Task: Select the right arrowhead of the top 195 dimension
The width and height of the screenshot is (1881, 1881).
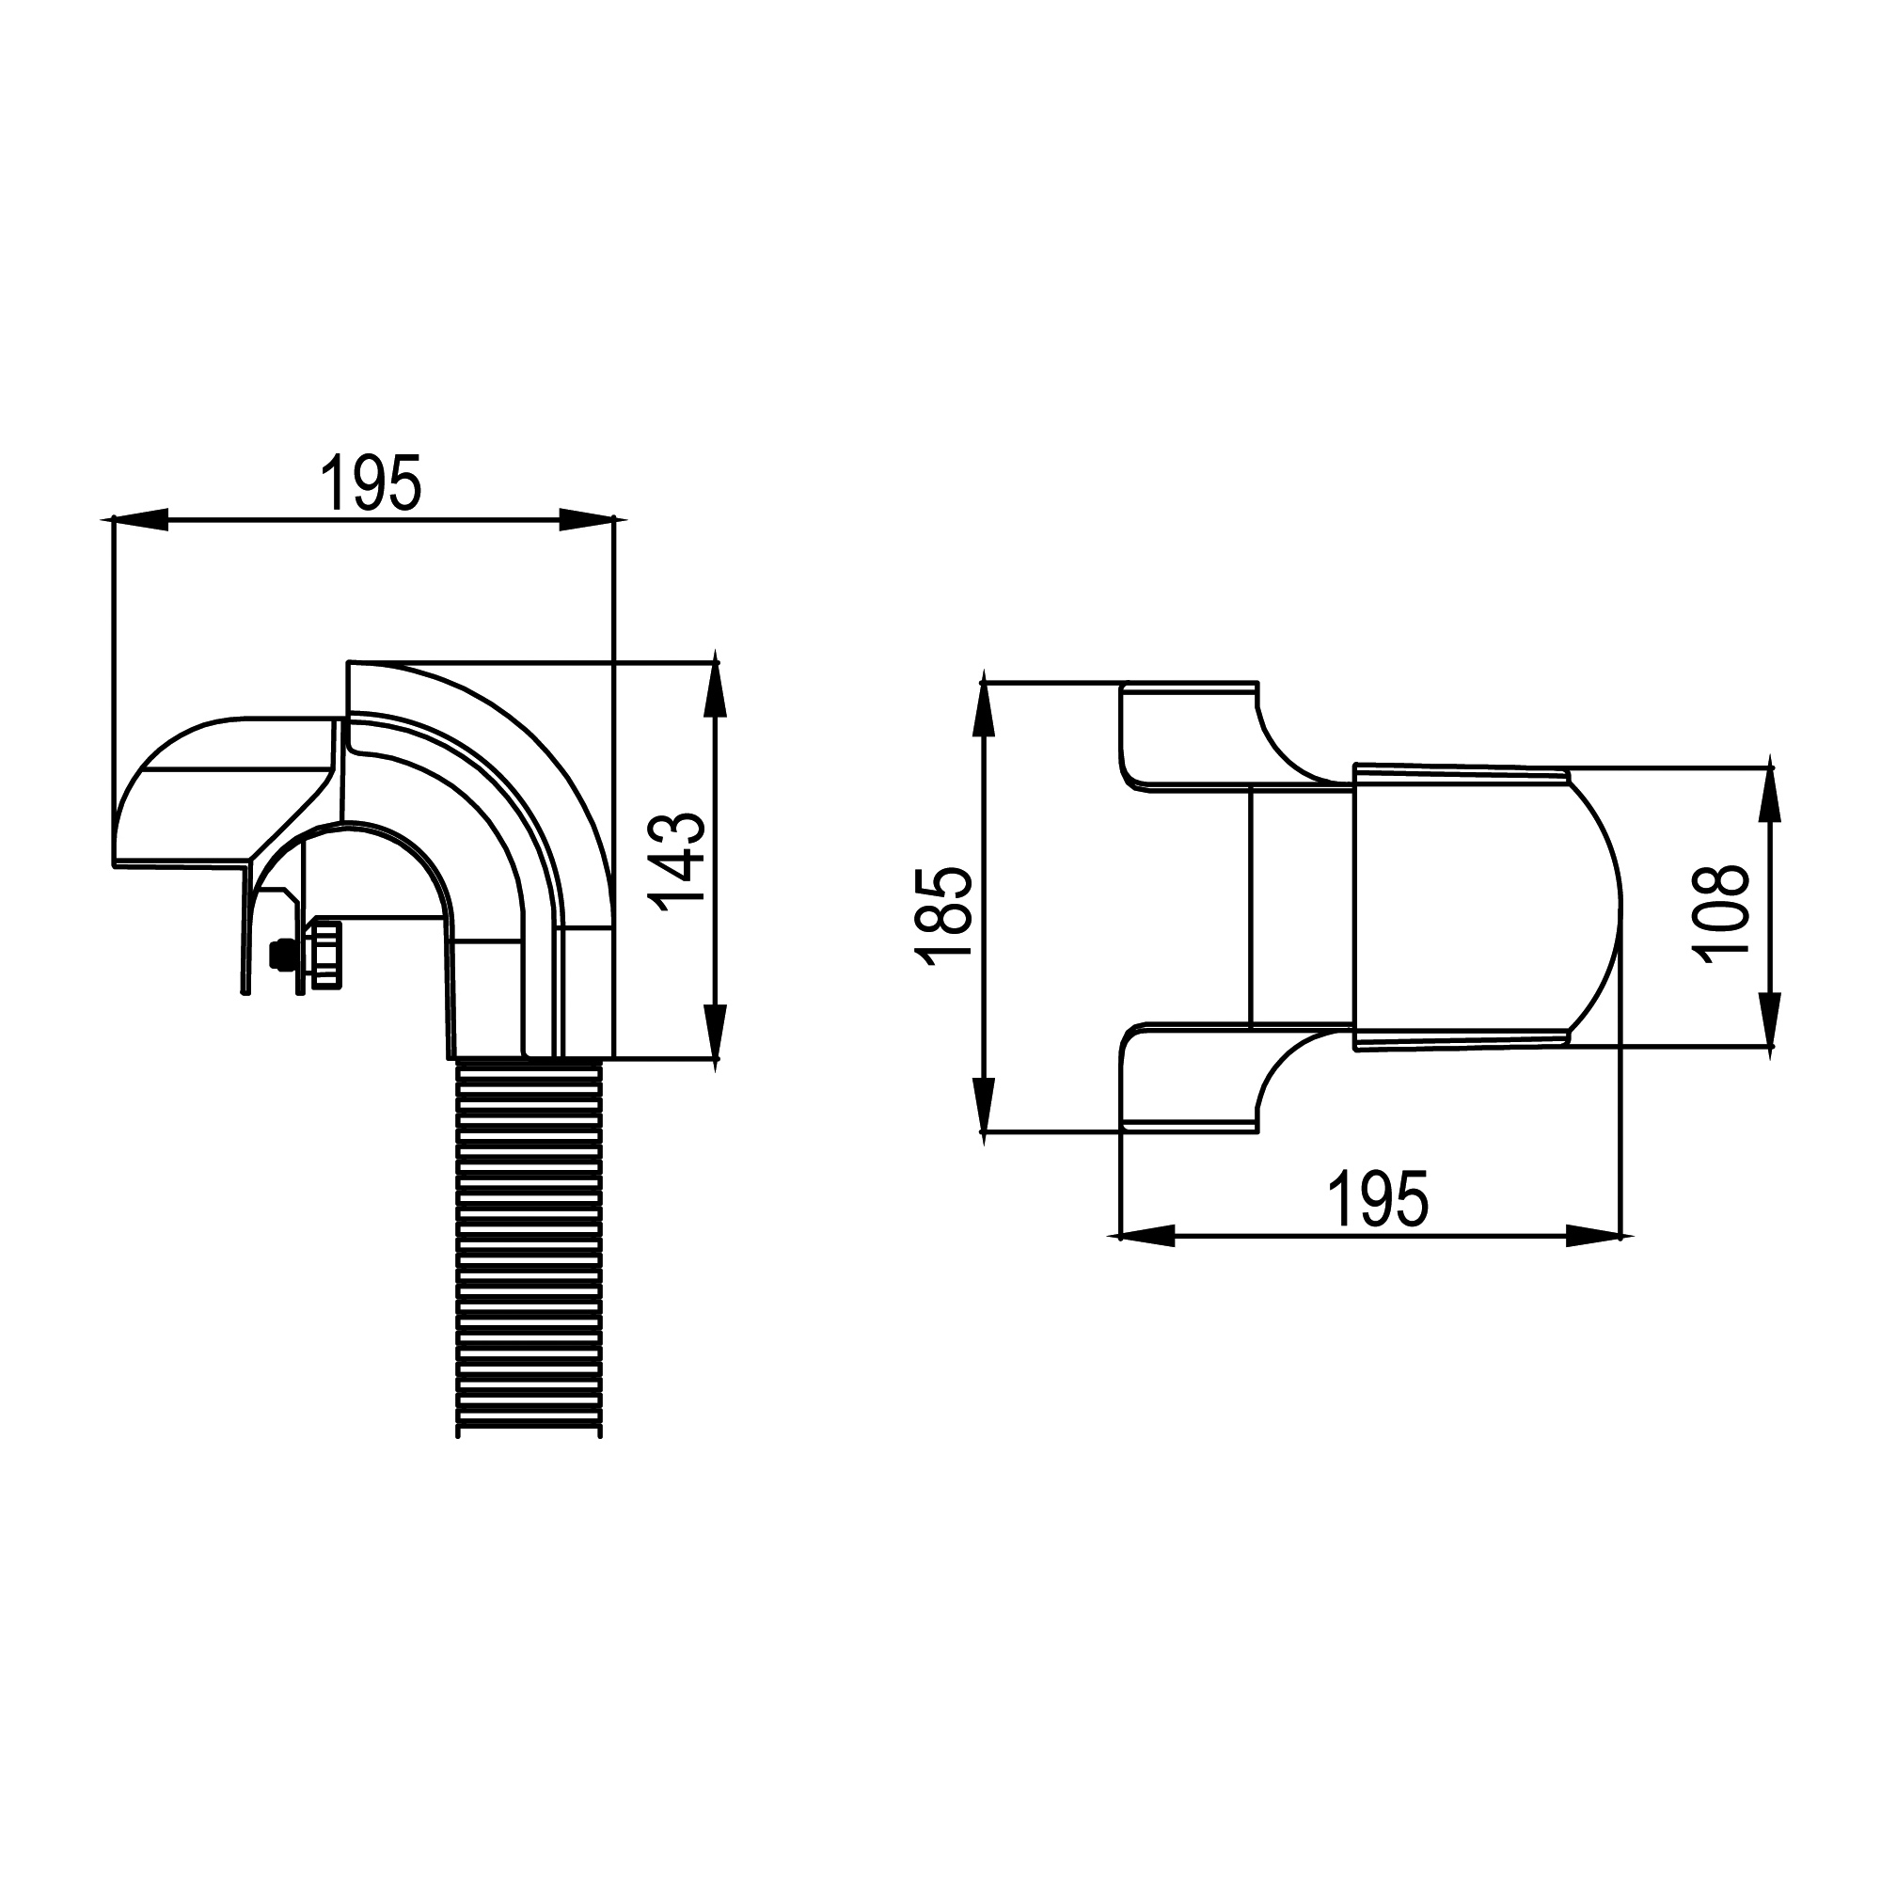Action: coord(588,520)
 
